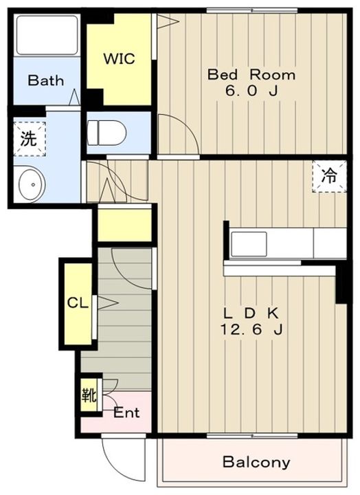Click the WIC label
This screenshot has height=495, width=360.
pos(120,58)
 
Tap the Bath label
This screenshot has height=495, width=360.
pos(46,80)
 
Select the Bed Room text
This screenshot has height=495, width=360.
pos(251,75)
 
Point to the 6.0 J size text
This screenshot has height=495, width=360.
pos(251,91)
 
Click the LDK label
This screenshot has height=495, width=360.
pos(251,313)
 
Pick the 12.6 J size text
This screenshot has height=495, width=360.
pos(251,329)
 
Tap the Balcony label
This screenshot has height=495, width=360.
pos(256,463)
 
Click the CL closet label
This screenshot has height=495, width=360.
pos(78,303)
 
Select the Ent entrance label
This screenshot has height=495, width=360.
pos(126,412)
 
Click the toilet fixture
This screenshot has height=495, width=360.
pos(106,133)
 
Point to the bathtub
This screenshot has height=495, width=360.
pos(47,35)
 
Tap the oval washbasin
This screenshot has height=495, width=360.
pos(32,185)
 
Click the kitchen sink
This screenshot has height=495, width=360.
pos(249,243)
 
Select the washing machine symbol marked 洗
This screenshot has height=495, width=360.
pos(30,139)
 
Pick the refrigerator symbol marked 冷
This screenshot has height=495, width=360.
pos(329,176)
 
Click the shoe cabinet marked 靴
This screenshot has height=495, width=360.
pos(89,395)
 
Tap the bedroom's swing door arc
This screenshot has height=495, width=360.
pos(186,126)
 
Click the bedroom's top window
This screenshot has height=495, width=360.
pos(252,11)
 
